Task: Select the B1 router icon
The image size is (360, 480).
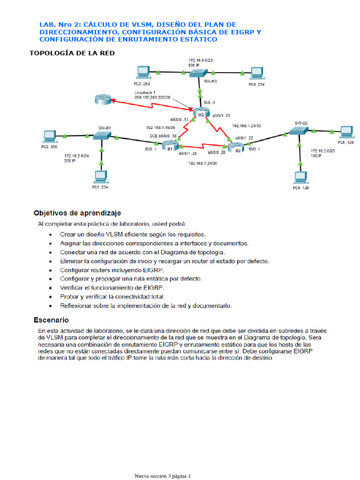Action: pos(168,145)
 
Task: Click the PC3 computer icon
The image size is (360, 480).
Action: pos(141,72)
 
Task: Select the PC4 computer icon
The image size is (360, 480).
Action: pos(256,73)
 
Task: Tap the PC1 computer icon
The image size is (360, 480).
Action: pos(100,177)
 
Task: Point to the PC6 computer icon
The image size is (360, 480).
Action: pos(300,178)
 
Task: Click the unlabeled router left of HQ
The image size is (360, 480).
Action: pos(101,99)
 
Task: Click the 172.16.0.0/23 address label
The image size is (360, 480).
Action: pos(200,60)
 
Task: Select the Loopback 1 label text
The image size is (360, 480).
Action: pos(144,92)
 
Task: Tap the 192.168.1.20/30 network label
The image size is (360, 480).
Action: pos(247,126)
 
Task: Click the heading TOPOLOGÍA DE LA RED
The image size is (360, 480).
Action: pos(72,53)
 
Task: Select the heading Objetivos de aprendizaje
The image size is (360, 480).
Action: pos(77,212)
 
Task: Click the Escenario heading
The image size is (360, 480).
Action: pos(52,320)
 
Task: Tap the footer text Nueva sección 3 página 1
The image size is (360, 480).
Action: pos(163,476)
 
